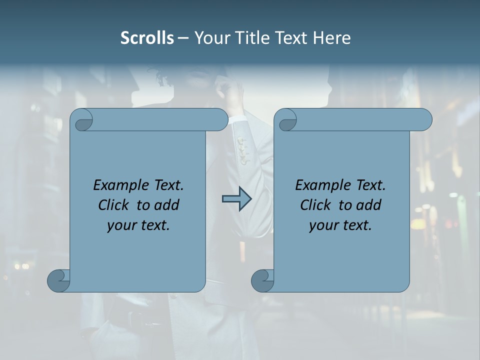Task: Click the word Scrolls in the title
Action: pyautogui.click(x=147, y=38)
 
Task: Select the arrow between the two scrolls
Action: pyautogui.click(x=236, y=199)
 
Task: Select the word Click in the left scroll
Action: pyautogui.click(x=114, y=205)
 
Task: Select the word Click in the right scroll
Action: pyautogui.click(x=316, y=205)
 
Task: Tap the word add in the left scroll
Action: pyautogui.click(x=168, y=205)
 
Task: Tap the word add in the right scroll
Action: pyautogui.click(x=370, y=205)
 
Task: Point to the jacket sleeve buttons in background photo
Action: pyautogui.click(x=243, y=150)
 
